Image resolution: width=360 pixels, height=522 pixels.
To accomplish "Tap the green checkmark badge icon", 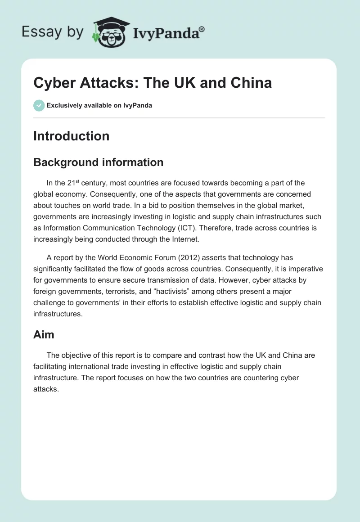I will (x=39, y=105).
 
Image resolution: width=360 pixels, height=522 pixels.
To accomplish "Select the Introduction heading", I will (x=71, y=136).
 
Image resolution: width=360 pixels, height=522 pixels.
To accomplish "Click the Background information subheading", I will (x=98, y=162).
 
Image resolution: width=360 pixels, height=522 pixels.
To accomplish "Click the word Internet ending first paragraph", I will (x=180, y=240).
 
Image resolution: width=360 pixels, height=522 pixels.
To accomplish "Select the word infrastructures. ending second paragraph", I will (x=58, y=314).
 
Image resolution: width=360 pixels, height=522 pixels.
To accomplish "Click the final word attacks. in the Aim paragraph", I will (x=46, y=390).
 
